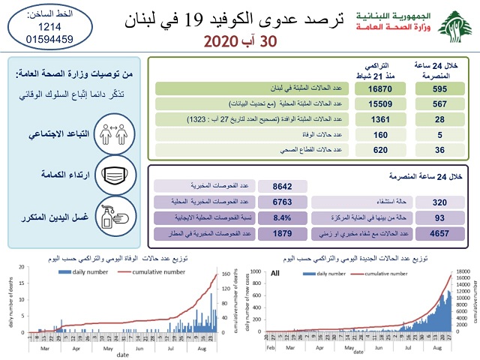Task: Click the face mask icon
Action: coord(121,175)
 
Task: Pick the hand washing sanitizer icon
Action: coord(121,216)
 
